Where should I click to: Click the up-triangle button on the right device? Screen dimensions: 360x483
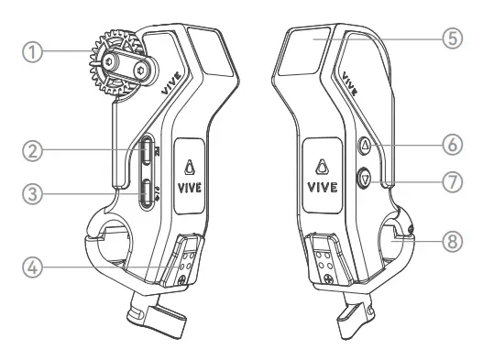(x=364, y=144)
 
